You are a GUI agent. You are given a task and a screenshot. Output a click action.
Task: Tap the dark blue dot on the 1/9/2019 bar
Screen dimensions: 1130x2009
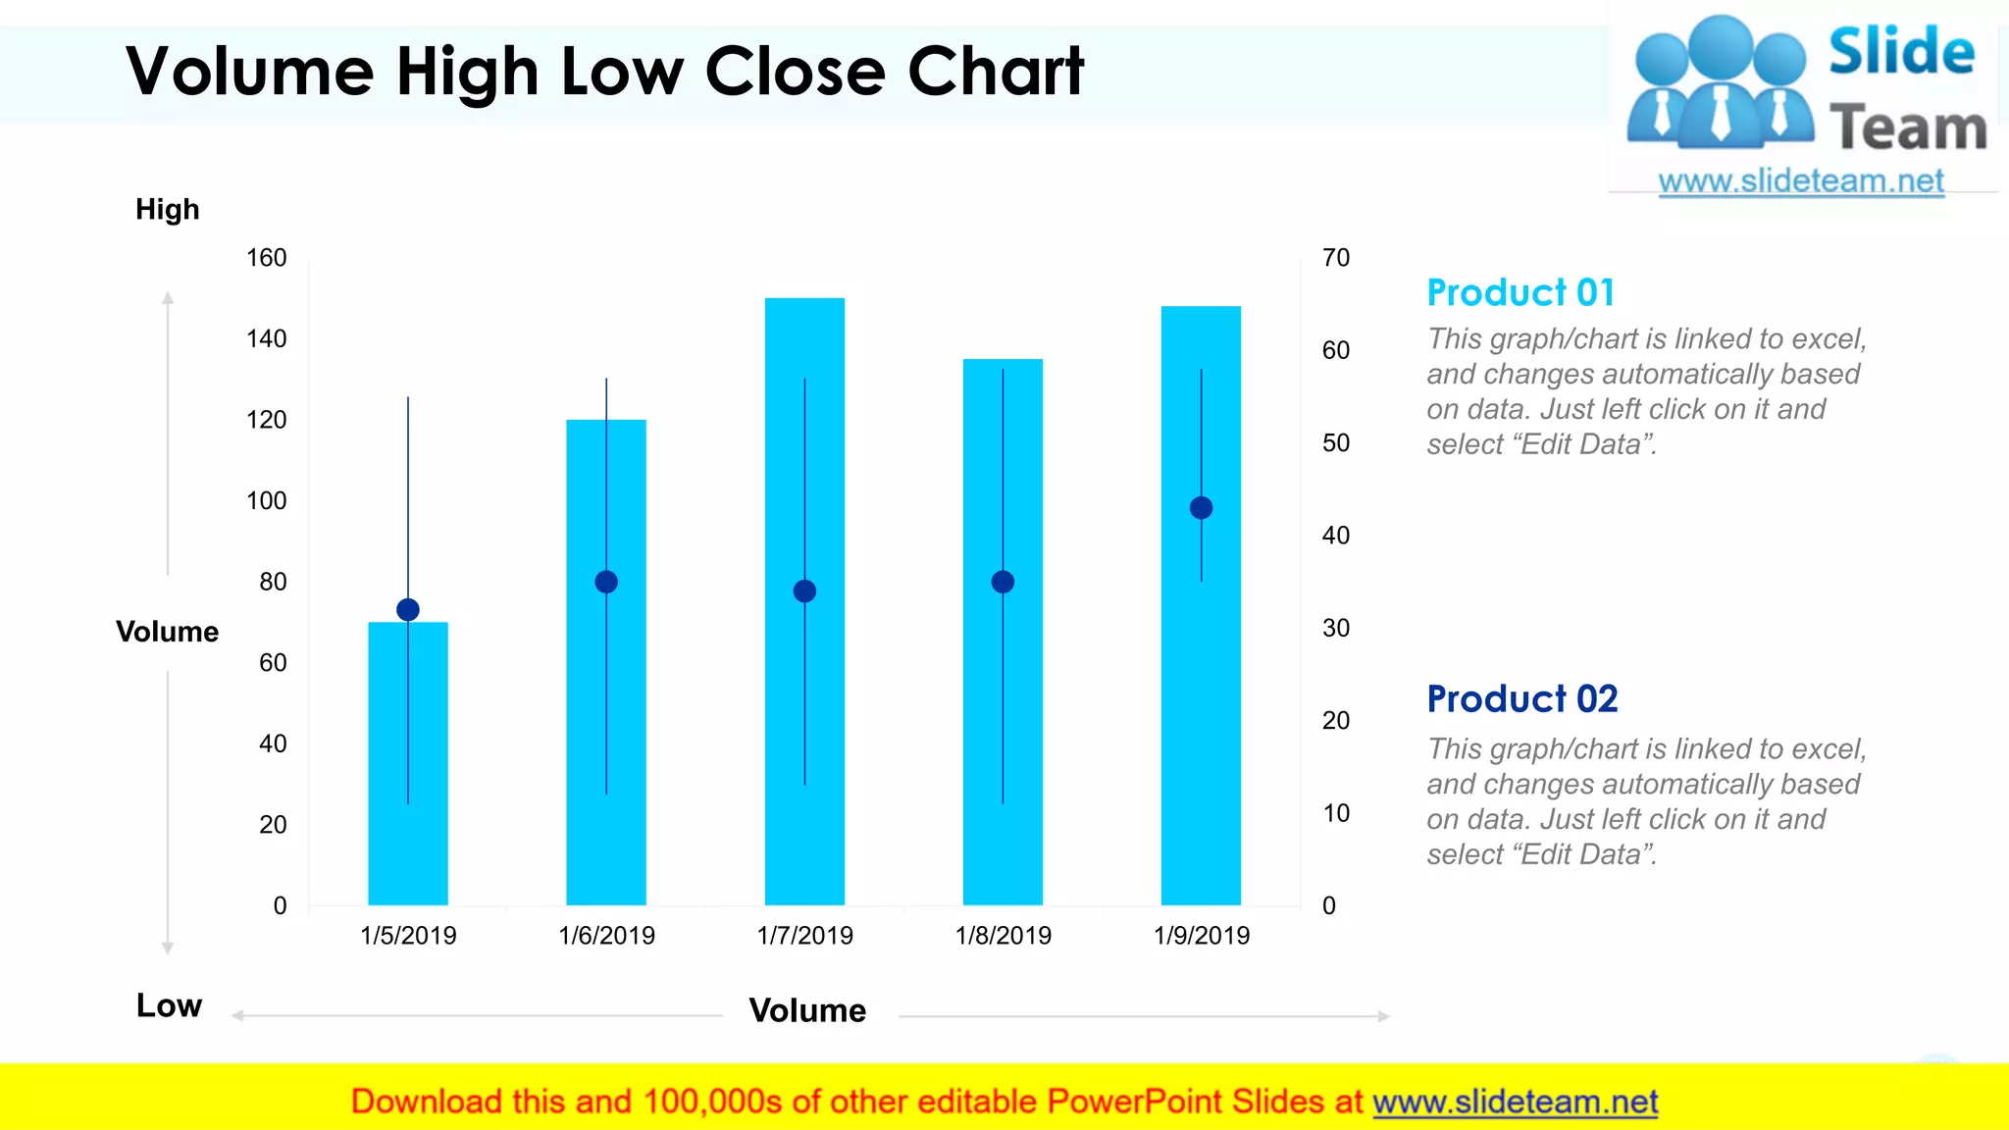point(1201,508)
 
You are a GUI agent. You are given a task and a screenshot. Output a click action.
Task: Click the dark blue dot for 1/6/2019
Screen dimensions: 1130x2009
point(606,582)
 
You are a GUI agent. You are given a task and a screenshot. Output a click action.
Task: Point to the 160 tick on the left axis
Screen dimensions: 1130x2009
point(266,258)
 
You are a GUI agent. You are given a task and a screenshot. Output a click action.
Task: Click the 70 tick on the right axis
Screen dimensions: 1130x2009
point(1336,258)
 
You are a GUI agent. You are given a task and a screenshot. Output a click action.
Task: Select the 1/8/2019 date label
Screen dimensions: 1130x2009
point(1003,935)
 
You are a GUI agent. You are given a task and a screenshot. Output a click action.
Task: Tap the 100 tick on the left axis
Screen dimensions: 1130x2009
point(266,501)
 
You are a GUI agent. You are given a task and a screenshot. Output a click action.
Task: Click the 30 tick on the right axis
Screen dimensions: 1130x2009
point(1336,628)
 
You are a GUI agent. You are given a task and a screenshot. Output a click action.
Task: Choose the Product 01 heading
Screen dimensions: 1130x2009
point(1520,292)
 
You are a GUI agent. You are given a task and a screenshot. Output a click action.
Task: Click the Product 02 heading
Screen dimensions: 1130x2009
point(1521,699)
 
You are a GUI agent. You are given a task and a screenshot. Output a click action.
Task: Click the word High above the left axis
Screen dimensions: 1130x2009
point(168,209)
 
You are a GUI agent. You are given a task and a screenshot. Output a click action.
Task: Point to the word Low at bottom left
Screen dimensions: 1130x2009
point(169,1005)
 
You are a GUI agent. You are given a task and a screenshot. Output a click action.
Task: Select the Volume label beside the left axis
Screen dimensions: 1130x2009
point(167,632)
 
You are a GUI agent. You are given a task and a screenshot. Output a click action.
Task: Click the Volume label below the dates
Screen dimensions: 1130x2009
point(807,1010)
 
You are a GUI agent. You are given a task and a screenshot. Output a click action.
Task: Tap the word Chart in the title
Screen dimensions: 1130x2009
point(995,72)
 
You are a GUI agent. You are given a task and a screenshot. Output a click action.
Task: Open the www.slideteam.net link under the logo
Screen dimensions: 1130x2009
point(1800,181)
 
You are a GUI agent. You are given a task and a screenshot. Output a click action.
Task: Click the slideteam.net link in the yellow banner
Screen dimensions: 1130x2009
point(1515,1102)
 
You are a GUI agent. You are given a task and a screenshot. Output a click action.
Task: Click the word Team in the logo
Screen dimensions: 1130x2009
point(1907,128)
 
